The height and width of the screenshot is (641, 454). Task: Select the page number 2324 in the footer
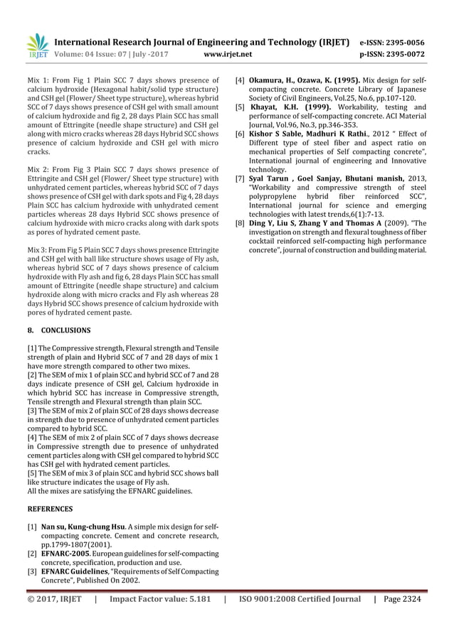pyautogui.click(x=414, y=599)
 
